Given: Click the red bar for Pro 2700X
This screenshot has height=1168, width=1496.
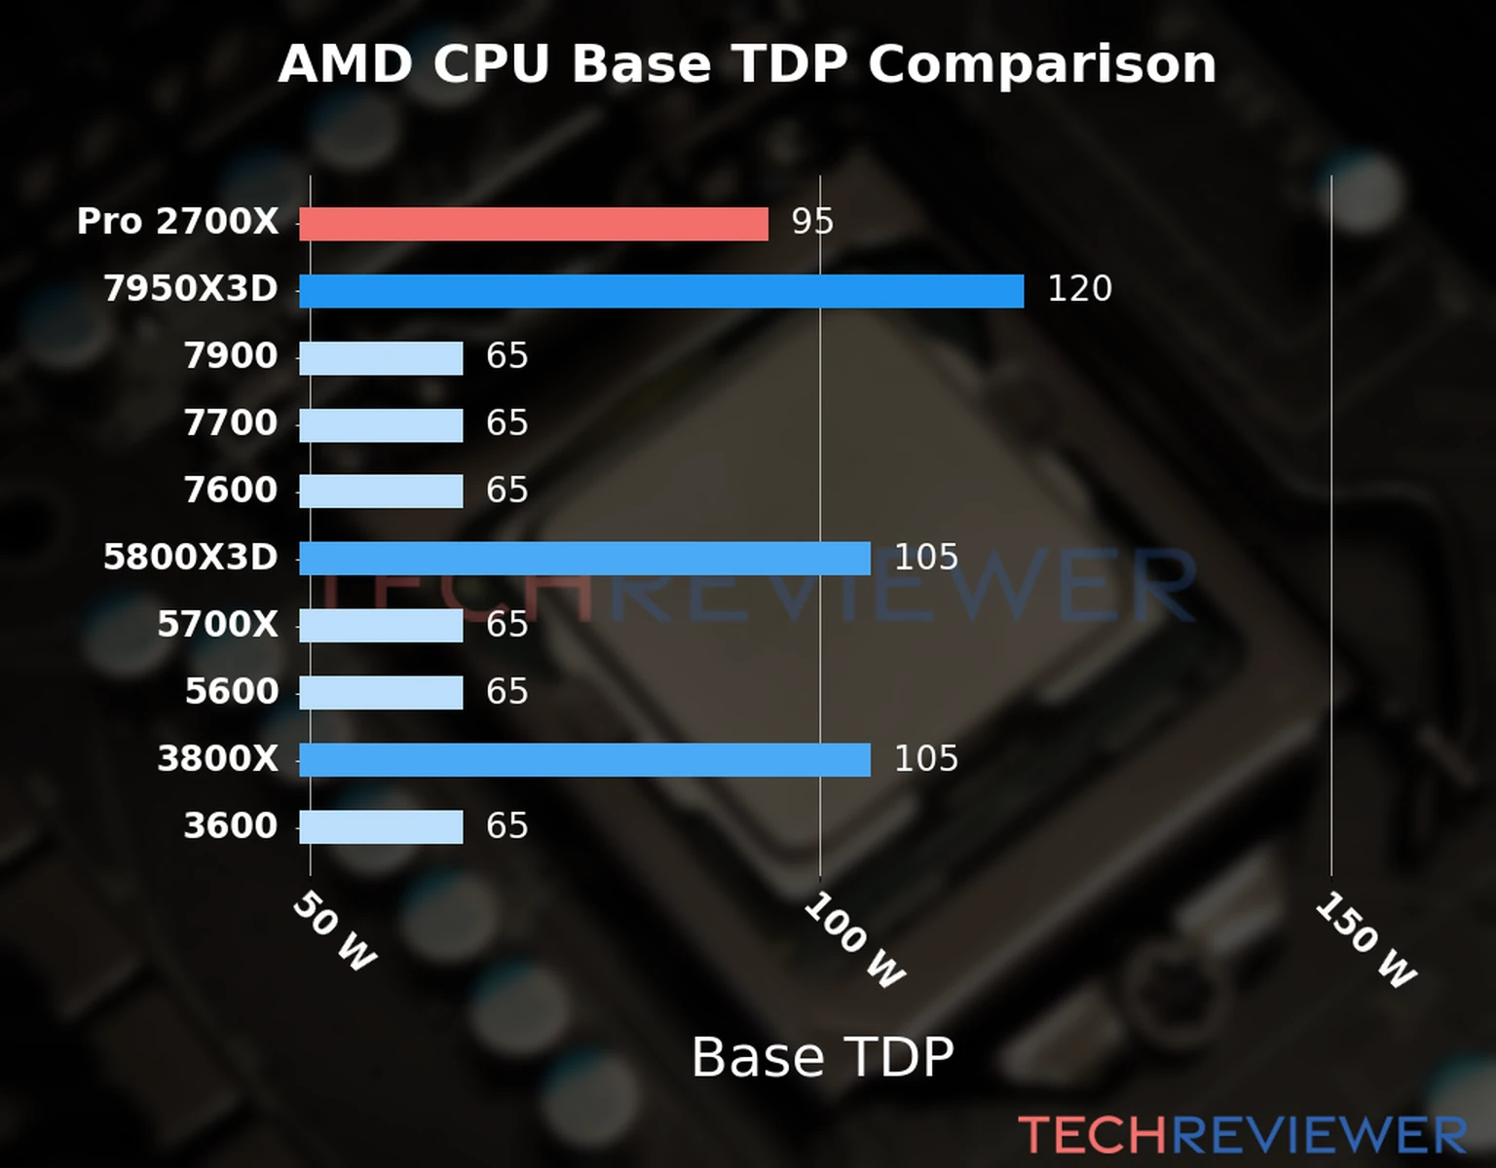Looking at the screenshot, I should click(533, 224).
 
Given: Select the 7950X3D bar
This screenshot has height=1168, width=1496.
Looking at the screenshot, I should click(661, 291).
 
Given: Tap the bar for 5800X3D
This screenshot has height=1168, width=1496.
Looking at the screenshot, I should click(584, 559).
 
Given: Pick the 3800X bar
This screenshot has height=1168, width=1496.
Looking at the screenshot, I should click(584, 760).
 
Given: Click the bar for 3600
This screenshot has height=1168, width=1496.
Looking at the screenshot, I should click(381, 827).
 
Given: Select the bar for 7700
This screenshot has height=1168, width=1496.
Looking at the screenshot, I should click(381, 425).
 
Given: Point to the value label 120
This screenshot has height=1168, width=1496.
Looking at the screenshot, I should click(1079, 289).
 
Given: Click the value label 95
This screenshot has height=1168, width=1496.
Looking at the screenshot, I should click(812, 222).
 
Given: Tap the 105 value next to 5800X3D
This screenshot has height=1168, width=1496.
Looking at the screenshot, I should click(926, 558).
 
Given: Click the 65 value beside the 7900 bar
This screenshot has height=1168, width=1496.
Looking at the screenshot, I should click(507, 356).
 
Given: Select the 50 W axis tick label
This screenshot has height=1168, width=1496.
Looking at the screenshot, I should click(334, 931).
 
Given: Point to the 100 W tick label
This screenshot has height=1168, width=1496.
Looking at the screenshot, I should click(854, 940).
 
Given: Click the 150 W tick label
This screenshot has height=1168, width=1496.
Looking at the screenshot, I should click(1365, 940).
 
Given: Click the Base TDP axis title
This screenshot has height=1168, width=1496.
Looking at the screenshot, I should click(822, 1057).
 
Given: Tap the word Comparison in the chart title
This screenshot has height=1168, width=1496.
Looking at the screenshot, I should click(1041, 65).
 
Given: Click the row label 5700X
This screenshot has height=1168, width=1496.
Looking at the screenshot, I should click(217, 625).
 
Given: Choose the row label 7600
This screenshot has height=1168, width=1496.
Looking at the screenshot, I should click(231, 491).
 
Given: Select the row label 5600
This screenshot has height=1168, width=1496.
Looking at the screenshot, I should click(231, 692).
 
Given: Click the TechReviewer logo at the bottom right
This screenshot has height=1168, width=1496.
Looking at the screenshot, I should click(1242, 1135).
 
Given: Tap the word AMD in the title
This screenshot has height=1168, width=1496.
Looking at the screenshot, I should click(346, 65).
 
